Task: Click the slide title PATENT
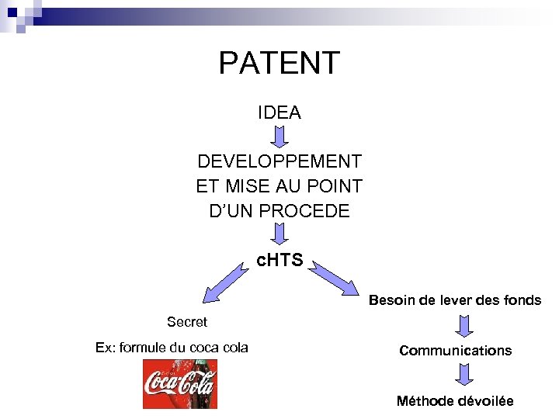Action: tap(279, 63)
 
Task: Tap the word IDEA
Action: tap(279, 113)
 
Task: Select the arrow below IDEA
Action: tap(279, 137)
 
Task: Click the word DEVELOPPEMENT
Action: tap(279, 161)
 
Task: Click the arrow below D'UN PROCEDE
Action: tap(279, 234)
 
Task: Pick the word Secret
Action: tap(187, 321)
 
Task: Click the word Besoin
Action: tap(392, 300)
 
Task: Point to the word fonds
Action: tap(522, 300)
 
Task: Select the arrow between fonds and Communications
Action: tap(464, 325)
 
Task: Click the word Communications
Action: tap(456, 351)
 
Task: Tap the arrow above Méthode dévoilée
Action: tap(464, 376)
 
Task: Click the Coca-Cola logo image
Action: tap(179, 384)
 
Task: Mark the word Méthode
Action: tap(424, 400)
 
